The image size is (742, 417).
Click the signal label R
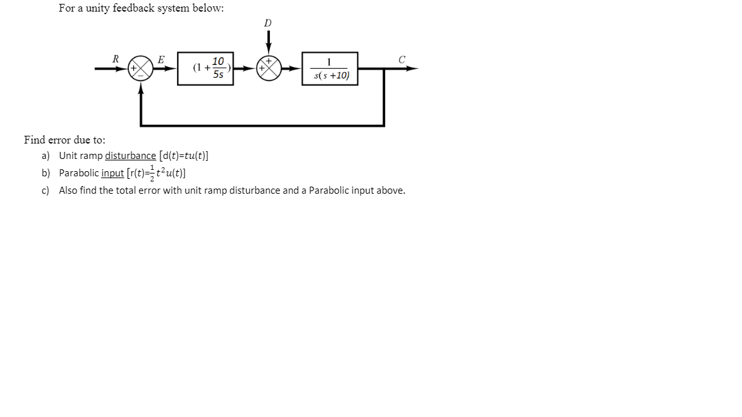click(x=115, y=59)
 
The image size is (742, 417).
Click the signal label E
click(x=161, y=59)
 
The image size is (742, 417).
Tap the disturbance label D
click(x=268, y=23)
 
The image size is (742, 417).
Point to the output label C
click(x=401, y=59)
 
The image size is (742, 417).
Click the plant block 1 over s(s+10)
click(x=330, y=68)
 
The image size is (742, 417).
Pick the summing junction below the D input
click(x=269, y=68)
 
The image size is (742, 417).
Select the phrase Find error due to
click(x=64, y=140)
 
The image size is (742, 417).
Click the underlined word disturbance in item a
click(x=130, y=156)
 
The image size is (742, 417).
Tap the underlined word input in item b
click(x=113, y=173)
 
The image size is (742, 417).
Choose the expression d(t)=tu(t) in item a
click(x=184, y=156)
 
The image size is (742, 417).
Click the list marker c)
click(x=46, y=190)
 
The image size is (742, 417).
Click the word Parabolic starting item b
click(x=79, y=173)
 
